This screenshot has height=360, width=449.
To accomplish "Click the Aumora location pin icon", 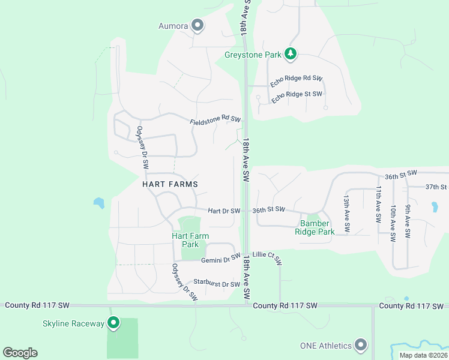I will coord(197,25).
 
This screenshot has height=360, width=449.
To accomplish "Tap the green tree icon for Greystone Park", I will coord(291,54).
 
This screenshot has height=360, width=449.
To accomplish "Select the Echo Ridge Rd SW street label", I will coord(296,81).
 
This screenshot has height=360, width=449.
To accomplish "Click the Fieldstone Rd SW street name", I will coord(215,121).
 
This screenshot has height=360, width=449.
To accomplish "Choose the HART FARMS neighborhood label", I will coord(170,184).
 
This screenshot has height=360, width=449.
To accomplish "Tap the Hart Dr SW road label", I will coord(224,211).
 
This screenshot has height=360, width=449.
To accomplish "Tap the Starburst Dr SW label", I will coord(216,284).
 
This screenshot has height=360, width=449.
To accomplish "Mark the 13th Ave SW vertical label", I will coord(346,214).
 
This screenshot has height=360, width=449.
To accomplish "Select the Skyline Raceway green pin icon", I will coord(113,323).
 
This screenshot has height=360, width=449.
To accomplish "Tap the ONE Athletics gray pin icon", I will coord(361,345).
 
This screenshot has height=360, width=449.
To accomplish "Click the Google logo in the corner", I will coord(20,353).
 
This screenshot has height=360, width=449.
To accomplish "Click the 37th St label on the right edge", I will coord(436,187).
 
